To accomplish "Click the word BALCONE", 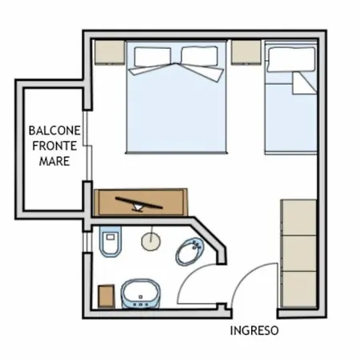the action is [54, 130].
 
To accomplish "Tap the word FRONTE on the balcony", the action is [54, 146].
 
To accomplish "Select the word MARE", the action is [54, 161].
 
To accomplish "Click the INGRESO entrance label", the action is [254, 330].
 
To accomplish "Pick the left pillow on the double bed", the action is [153, 57].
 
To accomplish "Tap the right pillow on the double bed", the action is [199, 56].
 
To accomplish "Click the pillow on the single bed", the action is [291, 59].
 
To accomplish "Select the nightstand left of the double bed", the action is [110, 52].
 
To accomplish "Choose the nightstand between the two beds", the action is [246, 52].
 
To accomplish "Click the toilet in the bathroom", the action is [110, 242].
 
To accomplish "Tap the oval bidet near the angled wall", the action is [190, 252].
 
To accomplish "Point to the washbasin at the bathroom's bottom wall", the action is [141, 294].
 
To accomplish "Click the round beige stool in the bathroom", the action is [151, 242].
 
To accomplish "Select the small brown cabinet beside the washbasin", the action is [106, 296].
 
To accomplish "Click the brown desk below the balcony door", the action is [141, 202].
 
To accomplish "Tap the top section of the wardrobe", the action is [299, 218].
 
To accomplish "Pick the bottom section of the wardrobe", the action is [299, 289].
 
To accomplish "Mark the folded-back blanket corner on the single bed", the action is [304, 83].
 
